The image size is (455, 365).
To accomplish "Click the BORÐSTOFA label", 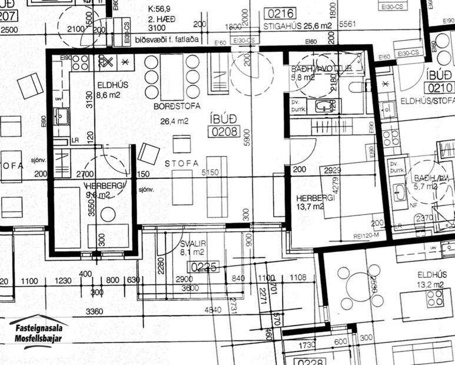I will [177, 107].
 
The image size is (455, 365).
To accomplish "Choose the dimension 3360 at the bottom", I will [94, 311].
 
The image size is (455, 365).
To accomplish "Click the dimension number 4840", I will [212, 310].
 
